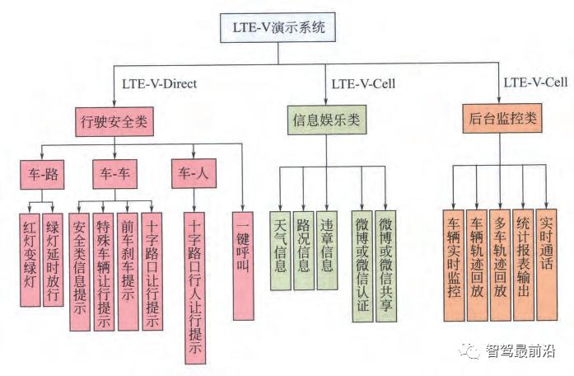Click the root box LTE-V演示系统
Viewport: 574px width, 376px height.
(278, 27)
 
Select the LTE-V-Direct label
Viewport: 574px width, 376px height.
(161, 83)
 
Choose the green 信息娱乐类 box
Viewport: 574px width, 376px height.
(328, 120)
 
